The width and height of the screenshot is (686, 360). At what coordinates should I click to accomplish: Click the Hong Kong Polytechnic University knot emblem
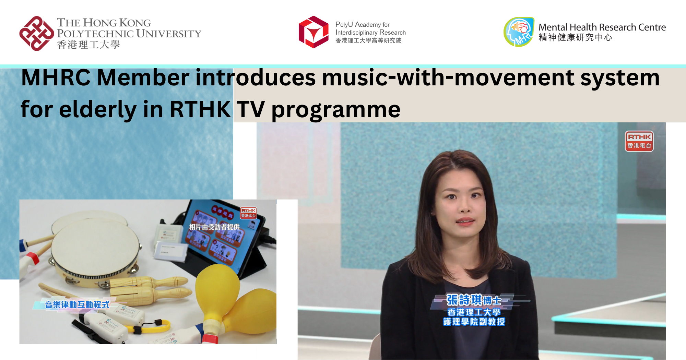coord(37,33)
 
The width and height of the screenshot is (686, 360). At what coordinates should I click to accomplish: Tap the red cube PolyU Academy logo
coord(313,32)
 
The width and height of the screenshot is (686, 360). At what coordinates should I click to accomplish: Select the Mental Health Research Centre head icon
coord(519,32)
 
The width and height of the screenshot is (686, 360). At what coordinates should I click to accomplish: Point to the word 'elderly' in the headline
coord(98,109)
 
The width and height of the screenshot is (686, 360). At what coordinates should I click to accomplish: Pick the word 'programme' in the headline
coord(336,109)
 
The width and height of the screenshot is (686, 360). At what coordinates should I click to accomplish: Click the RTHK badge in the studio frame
coord(639,141)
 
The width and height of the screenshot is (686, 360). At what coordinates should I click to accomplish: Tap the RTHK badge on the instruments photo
coord(248,213)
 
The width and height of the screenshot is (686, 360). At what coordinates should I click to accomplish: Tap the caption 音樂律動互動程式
coord(77,304)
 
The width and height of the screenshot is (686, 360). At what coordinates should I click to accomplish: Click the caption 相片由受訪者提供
coord(214,227)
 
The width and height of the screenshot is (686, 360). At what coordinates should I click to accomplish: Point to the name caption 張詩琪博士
coord(474,300)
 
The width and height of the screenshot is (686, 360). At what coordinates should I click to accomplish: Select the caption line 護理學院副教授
coord(474,322)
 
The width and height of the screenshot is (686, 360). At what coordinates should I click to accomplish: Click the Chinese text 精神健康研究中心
coord(575,37)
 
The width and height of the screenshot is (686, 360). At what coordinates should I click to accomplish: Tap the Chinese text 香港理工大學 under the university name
coord(88,45)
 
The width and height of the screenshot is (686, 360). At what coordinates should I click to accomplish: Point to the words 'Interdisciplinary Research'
coord(370,33)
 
